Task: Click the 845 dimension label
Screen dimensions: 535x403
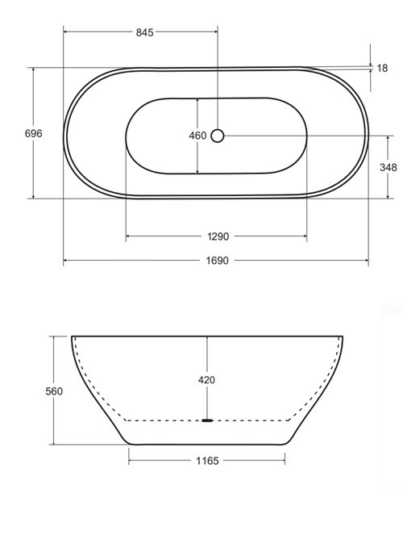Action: (144, 32)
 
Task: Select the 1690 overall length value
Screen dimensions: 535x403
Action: (216, 261)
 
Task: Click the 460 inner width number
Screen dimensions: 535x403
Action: (197, 136)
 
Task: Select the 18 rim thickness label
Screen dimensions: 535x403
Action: (382, 69)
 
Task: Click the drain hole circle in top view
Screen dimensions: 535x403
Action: (218, 136)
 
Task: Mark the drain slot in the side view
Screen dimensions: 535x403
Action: (208, 420)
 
